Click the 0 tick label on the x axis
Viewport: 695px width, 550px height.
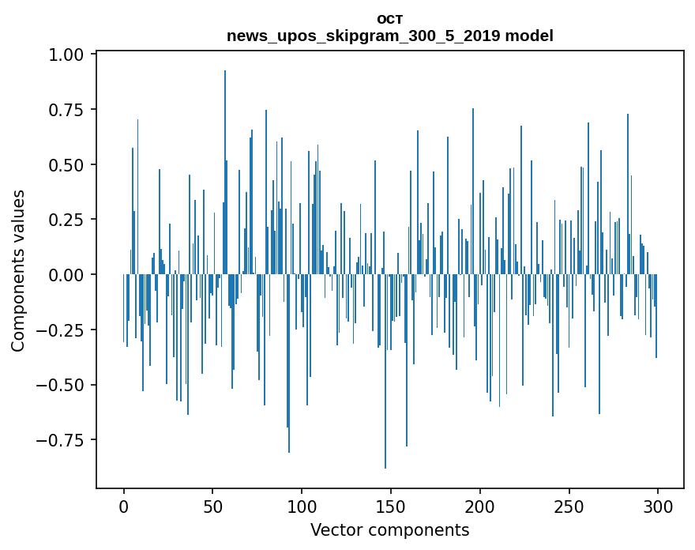(x=124, y=506)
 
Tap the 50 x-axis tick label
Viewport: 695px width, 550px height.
(x=212, y=506)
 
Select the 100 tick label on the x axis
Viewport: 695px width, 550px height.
(x=302, y=506)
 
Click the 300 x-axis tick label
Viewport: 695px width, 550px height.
(x=658, y=506)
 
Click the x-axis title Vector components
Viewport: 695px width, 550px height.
(x=390, y=529)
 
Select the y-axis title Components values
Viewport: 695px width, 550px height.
(x=18, y=270)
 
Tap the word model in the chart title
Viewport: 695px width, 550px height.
(x=529, y=36)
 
